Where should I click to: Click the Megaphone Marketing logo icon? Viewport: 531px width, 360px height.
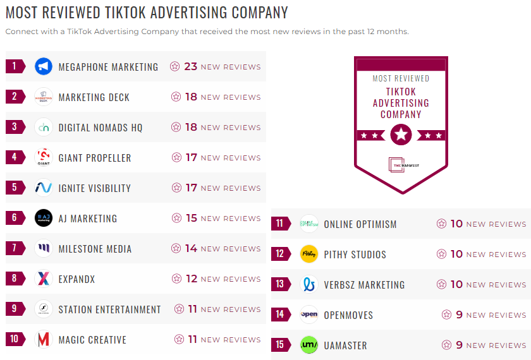(43, 66)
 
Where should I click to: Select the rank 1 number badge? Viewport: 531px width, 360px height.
(15, 66)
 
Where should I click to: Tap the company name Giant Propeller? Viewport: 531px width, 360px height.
(95, 158)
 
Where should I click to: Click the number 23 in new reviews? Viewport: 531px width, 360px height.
(191, 66)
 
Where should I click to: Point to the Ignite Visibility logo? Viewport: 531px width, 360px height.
(43, 188)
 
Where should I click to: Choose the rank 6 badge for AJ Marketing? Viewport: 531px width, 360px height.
(15, 218)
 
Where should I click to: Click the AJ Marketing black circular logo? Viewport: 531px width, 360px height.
(43, 218)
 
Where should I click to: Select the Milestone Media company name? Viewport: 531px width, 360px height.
(95, 249)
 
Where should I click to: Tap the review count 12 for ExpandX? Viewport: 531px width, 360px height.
(192, 279)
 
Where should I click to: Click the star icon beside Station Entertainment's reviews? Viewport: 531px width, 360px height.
(180, 309)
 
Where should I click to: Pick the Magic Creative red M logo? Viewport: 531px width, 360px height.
(43, 340)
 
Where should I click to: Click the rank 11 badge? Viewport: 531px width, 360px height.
(280, 224)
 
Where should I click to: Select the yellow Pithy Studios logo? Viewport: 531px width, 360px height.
(309, 254)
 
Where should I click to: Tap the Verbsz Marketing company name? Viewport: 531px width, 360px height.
(364, 285)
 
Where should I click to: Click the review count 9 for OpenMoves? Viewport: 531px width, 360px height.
(460, 315)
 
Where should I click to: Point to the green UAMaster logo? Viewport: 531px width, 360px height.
(309, 345)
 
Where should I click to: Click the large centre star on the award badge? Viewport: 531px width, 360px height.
(401, 135)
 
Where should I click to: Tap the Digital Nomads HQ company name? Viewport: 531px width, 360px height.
(101, 128)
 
